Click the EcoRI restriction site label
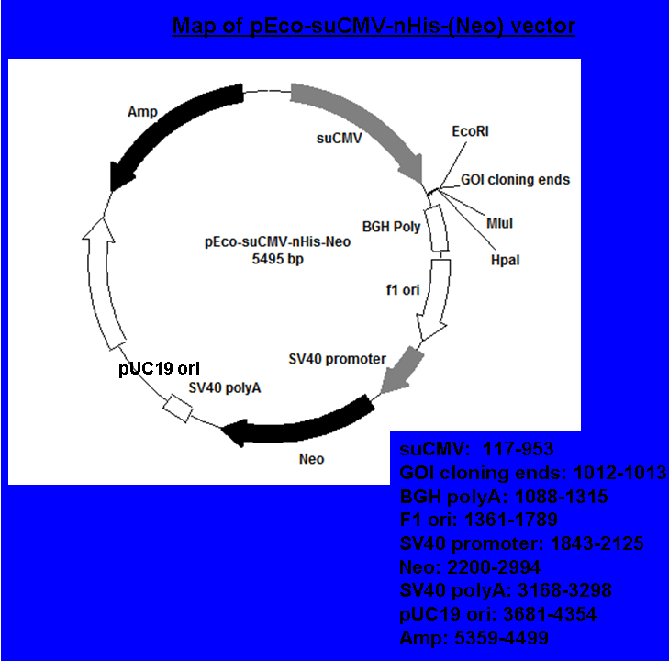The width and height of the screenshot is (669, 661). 470,131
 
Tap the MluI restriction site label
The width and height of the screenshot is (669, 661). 499,223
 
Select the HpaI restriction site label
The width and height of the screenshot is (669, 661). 505,261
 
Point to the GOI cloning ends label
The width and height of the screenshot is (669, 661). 515,180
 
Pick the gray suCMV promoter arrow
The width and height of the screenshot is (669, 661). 367,119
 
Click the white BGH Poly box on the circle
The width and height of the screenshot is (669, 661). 437,229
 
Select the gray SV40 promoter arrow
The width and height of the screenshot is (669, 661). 401,370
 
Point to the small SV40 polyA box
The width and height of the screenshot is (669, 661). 177,409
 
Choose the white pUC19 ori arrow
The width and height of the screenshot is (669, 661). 100,282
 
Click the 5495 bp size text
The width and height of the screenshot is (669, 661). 278,259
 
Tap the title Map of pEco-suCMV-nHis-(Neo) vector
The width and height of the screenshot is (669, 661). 374,26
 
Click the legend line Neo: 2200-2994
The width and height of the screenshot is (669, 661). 470,567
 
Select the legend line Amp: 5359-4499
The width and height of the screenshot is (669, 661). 474,638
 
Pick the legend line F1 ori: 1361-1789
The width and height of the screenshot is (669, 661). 478,520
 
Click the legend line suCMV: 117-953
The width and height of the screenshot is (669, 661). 476,449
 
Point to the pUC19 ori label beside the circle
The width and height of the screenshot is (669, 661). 159,368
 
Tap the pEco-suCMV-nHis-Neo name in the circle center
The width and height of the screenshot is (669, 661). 278,242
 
